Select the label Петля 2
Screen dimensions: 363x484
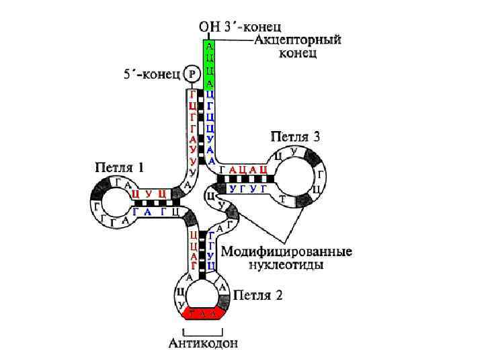coord(258,295)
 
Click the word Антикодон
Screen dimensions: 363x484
coord(202,344)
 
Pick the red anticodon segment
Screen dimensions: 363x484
coord(202,313)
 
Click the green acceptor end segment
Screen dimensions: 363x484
coord(210,65)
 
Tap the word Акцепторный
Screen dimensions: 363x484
coord(298,40)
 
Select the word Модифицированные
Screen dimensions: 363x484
coord(287,252)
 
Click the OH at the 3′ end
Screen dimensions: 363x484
coord(208,28)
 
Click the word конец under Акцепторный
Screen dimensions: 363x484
coord(297,52)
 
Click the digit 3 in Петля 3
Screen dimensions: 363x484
coord(316,137)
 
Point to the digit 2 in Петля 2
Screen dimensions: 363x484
coord(278,295)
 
